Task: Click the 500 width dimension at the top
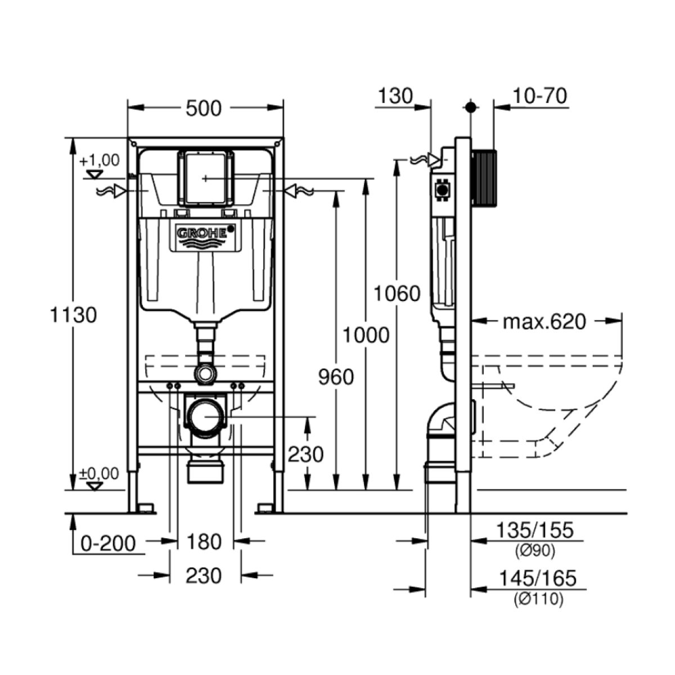point(204,108)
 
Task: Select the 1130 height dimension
point(74,315)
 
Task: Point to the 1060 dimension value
point(398,294)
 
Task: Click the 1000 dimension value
point(366,335)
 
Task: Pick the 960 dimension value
point(336,377)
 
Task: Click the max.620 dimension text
point(544,322)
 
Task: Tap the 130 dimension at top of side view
point(395,96)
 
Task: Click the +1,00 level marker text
point(100,160)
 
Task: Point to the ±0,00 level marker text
point(99,474)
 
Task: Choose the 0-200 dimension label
point(109,543)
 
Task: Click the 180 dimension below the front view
point(204,542)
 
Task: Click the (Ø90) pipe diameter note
point(534,551)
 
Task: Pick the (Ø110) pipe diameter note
point(537,600)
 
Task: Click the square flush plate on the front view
point(205,178)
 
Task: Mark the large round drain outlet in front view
point(206,416)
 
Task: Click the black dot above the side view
point(471,106)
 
